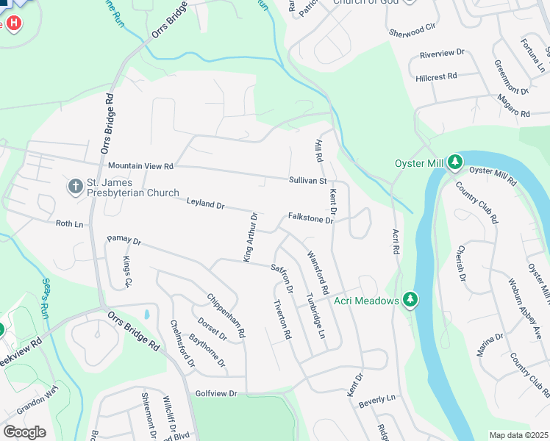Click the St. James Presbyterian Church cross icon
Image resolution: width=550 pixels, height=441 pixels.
pos(75,187)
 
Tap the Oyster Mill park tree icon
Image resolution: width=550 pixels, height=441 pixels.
pos(455,161)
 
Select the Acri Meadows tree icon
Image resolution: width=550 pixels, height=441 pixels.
pos(410,300)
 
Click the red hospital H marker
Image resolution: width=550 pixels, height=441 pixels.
pos(13,23)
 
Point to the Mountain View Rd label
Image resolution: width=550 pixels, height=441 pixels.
pos(140,167)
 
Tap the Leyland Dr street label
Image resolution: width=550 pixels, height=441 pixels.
pos(205,203)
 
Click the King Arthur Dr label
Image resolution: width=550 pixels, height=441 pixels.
pos(250,237)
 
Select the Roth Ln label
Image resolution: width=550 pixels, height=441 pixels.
pos(69,223)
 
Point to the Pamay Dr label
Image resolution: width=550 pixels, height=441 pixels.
pos(124,240)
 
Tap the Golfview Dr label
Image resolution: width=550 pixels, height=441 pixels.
pos(216,394)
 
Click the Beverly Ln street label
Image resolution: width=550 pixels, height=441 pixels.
pos(378,398)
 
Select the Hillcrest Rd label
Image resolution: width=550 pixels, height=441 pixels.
pos(436,76)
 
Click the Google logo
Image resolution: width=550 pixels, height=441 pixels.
pos(24,432)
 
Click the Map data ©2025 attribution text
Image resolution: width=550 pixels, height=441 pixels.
pos(518,435)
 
